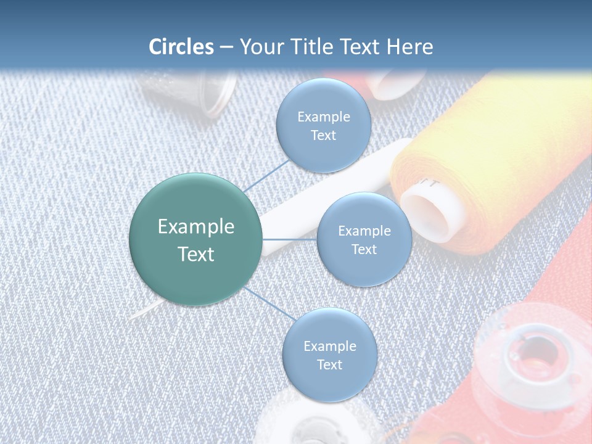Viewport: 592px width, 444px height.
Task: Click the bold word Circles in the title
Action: click(181, 47)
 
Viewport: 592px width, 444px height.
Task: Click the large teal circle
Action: click(196, 239)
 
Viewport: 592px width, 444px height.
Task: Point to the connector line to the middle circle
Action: click(290, 239)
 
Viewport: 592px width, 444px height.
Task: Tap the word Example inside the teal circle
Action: click(196, 227)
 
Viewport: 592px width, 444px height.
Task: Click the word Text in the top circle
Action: click(323, 136)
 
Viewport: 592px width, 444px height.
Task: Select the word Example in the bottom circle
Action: click(329, 346)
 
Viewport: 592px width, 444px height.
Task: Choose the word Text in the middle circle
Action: click(364, 250)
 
